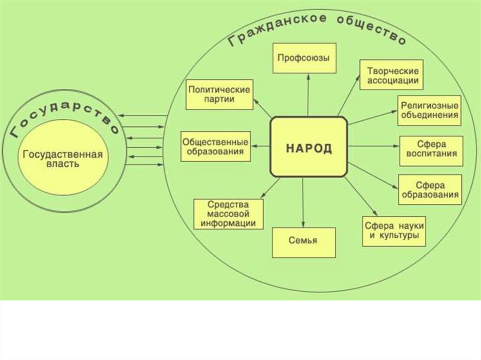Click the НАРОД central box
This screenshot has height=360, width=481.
[x=309, y=147]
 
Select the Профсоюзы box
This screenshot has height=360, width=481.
[x=304, y=58]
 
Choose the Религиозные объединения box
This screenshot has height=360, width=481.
[x=429, y=110]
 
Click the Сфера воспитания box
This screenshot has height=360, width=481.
[x=431, y=150]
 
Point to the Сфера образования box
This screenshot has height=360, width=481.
[x=429, y=189]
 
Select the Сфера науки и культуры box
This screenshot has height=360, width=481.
[x=394, y=230]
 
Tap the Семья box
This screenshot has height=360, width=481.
[x=304, y=242]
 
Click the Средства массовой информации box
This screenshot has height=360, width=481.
[x=228, y=214]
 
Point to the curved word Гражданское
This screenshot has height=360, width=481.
[x=277, y=28]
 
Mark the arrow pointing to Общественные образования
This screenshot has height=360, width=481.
[x=260, y=146]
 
